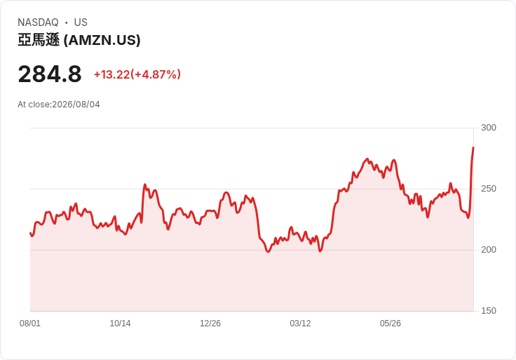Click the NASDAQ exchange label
pos(38,22)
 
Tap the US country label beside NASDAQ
pos(81,22)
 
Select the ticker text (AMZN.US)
pos(102,40)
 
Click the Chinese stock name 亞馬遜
pos(39,40)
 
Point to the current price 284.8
pos(50,74)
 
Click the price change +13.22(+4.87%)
pos(137,74)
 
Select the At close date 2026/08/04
pos(76,105)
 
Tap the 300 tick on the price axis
pos(489,128)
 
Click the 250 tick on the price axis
pos(489,189)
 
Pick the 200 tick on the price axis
pos(489,250)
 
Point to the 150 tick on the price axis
pos(489,311)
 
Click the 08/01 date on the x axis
pos(30,324)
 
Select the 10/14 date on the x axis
pos(120,324)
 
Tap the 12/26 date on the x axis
pos(210,324)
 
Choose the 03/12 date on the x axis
pos(300,324)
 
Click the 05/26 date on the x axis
pos(391,324)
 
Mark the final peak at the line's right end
pos(473,147)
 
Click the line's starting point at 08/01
pos(30,233)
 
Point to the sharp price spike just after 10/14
pos(145,185)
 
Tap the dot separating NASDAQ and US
pos(67,22)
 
